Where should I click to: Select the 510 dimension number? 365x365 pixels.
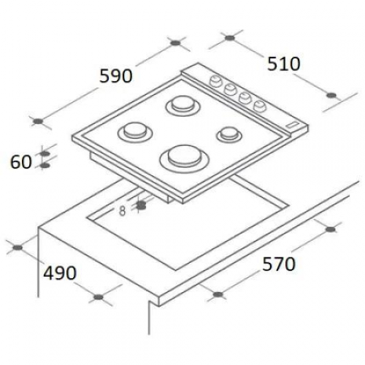click(283, 64)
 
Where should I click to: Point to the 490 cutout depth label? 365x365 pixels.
click(60, 273)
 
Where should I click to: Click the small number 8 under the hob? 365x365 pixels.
click(122, 210)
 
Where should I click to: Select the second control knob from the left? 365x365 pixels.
click(230, 88)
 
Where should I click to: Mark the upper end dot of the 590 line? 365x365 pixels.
click(176, 44)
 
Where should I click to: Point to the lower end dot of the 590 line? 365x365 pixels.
click(39, 121)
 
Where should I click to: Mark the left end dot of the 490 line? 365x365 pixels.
click(19, 249)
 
